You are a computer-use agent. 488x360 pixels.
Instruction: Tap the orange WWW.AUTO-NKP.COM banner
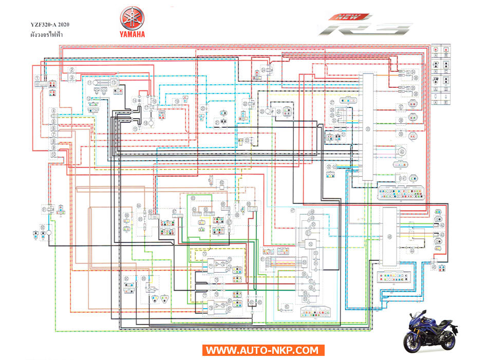(264, 351)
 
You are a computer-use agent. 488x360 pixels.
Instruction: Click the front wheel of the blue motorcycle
(414, 342)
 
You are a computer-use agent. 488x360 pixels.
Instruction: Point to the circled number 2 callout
(72, 70)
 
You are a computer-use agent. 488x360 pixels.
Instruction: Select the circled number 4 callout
(53, 111)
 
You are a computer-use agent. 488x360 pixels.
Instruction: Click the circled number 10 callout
(53, 153)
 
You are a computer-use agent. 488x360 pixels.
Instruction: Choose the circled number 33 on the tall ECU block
(367, 128)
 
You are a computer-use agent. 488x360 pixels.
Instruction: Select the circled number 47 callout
(292, 211)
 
